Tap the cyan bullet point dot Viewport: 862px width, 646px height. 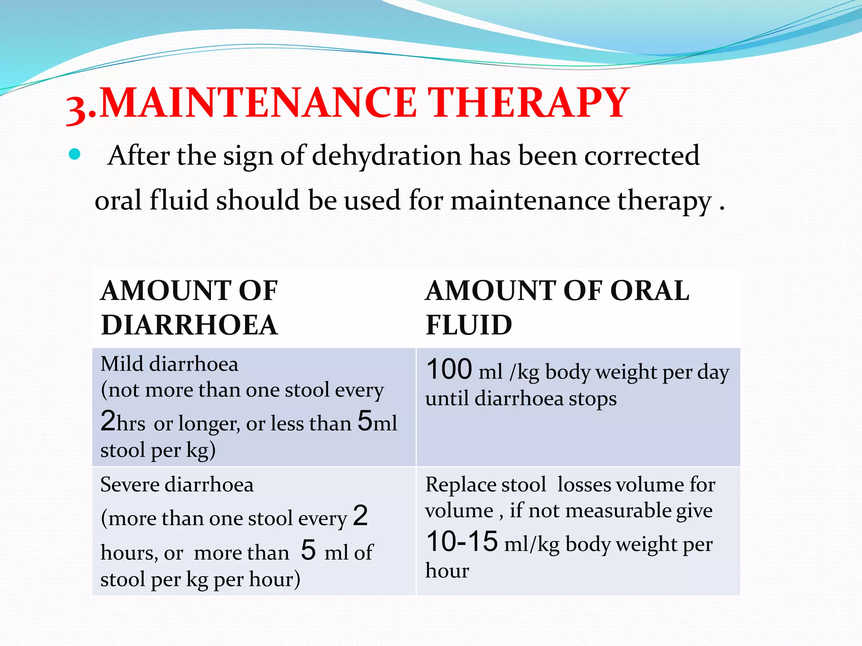coord(74,154)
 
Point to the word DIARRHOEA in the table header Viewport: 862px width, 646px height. coord(189,325)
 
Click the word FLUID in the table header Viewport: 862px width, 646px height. coord(469,325)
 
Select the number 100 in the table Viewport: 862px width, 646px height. coord(449,369)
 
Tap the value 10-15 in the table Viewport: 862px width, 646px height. coord(462,541)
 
